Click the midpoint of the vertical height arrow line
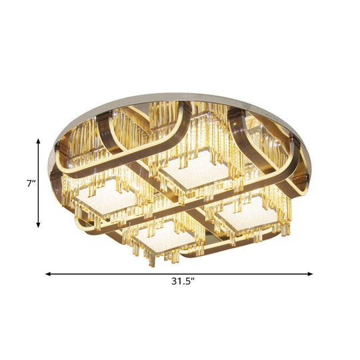point(39,183)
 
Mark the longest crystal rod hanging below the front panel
point(151,257)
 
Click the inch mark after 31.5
point(191,280)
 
